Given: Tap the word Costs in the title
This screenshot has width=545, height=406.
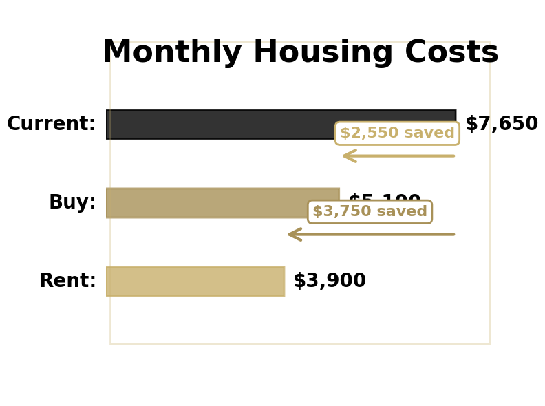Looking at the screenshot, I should pos(451,53).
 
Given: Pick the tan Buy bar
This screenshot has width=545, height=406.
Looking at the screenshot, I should pos(206,202).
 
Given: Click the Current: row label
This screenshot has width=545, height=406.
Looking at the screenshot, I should pos(52,125).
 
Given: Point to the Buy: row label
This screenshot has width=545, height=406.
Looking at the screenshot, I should pos(72,203).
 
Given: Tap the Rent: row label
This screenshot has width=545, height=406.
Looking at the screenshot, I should pos(67,281).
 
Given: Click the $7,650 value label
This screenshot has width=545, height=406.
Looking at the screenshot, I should pos(501,125).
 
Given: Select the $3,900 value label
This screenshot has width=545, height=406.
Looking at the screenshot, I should pos(329,281).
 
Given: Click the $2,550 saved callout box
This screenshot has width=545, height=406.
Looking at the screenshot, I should pos(397,133).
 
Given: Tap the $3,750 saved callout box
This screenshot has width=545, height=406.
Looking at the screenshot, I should pos(370,212).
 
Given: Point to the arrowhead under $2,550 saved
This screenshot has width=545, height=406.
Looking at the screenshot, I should pos(348,156).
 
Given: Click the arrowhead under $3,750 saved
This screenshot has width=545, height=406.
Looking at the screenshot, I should pos(294,235).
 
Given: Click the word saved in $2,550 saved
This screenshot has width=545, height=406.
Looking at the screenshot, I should pos(429,133).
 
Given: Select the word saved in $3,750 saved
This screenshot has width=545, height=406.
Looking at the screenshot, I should pos(401,212).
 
